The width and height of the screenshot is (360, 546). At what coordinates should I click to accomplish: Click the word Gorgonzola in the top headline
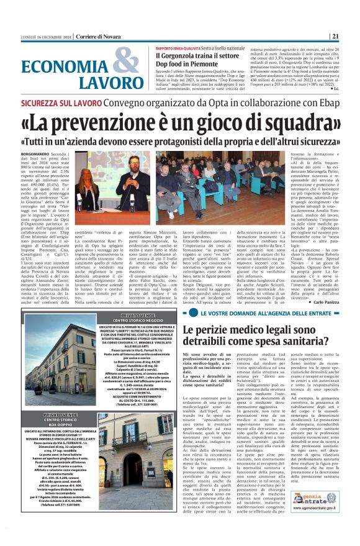[x=180, y=55]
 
